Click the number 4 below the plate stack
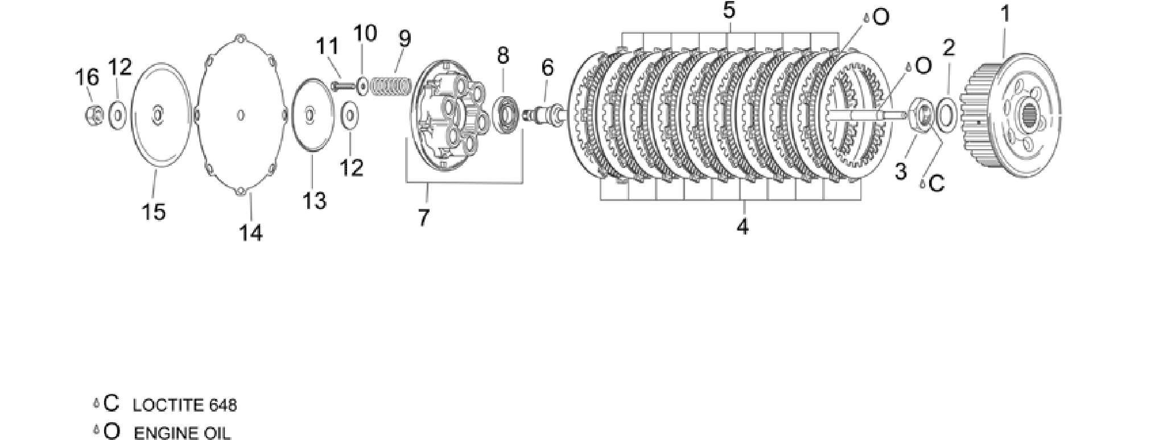(x=742, y=227)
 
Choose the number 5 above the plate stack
(x=729, y=10)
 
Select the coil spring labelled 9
(x=390, y=87)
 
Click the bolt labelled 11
(x=343, y=85)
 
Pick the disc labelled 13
(x=312, y=115)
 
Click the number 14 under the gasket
(x=251, y=233)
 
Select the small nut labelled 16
(x=94, y=114)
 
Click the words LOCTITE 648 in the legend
(x=185, y=405)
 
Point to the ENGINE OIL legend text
(x=183, y=433)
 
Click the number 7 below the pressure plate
(x=423, y=217)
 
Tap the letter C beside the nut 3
(x=936, y=183)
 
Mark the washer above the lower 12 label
(x=349, y=115)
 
